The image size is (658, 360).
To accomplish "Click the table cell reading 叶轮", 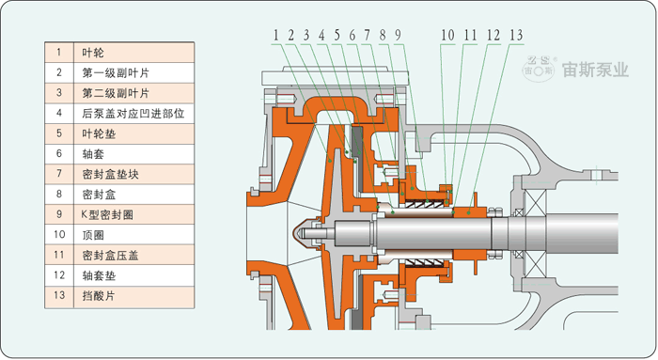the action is [x=133, y=53].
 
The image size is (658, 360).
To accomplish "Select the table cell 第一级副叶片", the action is [x=133, y=72].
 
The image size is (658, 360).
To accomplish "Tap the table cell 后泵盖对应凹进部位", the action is [x=133, y=114].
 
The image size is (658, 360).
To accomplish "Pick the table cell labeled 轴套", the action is [x=133, y=154].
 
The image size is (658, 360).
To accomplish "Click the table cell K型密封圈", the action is [x=133, y=215].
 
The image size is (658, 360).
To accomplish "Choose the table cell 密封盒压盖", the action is [x=133, y=255].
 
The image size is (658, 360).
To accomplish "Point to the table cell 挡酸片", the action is [x=133, y=296].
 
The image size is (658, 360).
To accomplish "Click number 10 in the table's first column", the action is [x=59, y=234].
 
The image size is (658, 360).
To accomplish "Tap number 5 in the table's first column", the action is [x=59, y=133].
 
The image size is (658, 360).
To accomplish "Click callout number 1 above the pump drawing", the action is [x=275, y=35].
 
